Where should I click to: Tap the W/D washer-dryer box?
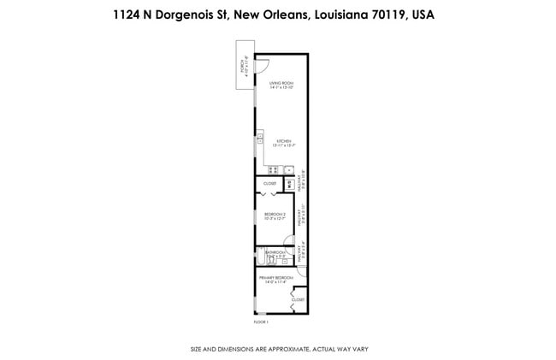click(x=290, y=183)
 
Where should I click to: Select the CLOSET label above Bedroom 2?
click(x=269, y=183)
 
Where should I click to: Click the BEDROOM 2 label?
click(x=274, y=215)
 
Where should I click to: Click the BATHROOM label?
click(x=275, y=253)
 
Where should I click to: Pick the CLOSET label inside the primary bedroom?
click(x=297, y=300)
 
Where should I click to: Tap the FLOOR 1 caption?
click(x=261, y=322)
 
